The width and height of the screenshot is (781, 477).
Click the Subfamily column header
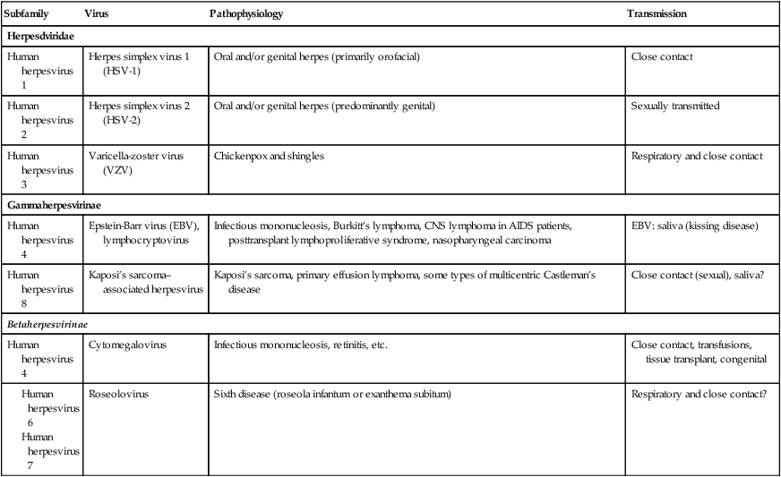tap(27, 15)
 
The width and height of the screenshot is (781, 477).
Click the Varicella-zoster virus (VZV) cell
tap(136, 163)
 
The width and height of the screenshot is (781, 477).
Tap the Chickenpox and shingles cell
tap(269, 157)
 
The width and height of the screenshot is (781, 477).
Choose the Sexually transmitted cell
tap(675, 106)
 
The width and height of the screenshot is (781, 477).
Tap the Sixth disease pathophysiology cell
tap(331, 393)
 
